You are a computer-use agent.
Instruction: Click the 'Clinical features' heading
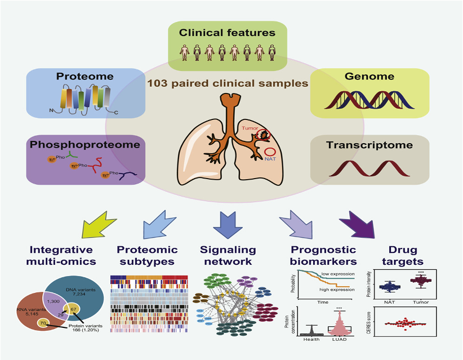[x=227, y=33]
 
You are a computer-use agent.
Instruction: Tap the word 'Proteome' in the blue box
[x=84, y=76]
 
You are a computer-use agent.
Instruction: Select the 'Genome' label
[x=370, y=76]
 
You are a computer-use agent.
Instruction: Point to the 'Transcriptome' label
[x=370, y=145]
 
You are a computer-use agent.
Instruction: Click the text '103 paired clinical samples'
[x=228, y=83]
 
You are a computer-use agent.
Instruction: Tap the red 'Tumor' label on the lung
[x=250, y=128]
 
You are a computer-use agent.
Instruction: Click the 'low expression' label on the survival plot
[x=337, y=274]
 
